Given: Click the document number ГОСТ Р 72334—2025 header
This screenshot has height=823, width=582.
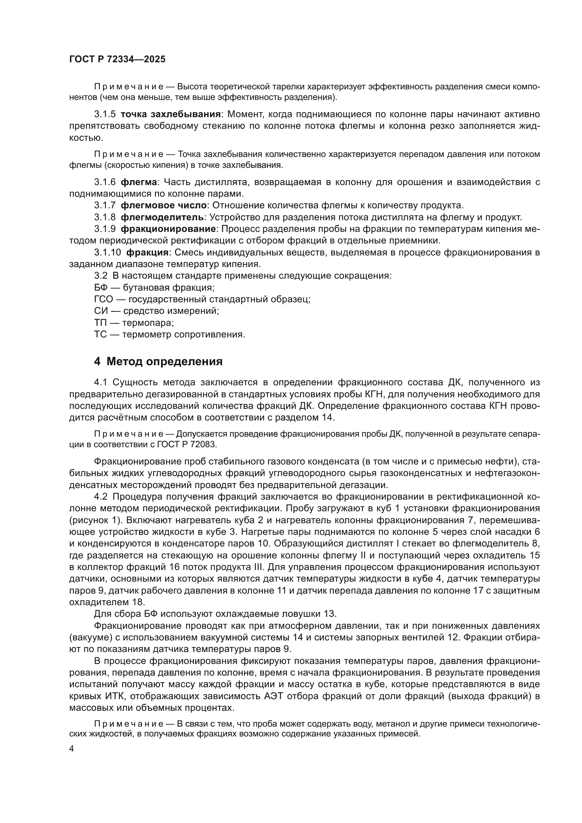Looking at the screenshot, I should [117, 59].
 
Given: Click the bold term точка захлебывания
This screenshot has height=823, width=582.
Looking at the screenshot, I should [170, 114].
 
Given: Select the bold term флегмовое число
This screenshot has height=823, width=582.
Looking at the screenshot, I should [163, 205].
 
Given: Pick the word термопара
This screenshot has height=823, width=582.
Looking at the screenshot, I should [148, 323].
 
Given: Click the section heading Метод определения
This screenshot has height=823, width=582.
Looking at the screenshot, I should [164, 361].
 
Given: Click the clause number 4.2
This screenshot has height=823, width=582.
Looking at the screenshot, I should [101, 497].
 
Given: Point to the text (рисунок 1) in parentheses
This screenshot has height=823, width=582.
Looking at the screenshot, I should [95, 520].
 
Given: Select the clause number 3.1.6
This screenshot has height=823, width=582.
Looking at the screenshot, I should [105, 182].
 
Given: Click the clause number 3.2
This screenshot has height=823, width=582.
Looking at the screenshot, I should [100, 276].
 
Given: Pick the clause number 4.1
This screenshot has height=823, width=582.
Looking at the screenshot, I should [101, 382].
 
